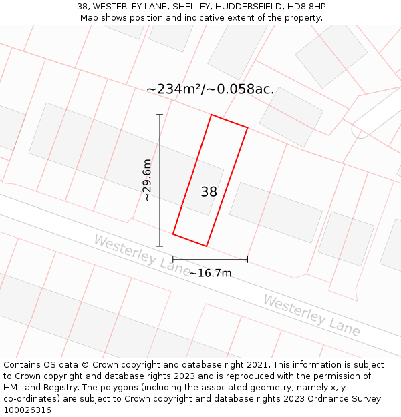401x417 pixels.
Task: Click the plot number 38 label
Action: (x=209, y=192)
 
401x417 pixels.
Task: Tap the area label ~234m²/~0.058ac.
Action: (x=210, y=89)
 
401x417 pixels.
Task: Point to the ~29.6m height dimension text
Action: (x=147, y=180)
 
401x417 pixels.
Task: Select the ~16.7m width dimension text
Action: (x=210, y=273)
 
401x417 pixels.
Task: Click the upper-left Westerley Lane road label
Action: (x=142, y=255)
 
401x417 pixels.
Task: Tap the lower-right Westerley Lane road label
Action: (x=311, y=316)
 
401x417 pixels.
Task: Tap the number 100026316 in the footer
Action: (x=27, y=410)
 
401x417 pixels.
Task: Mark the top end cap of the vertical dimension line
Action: (x=160, y=115)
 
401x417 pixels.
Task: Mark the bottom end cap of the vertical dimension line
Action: (x=160, y=246)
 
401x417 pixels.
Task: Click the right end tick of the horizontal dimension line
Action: (x=247, y=259)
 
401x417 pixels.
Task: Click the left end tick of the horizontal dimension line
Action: (x=173, y=259)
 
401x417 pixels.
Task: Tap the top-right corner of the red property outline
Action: (x=247, y=127)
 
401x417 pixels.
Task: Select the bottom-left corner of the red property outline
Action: (x=173, y=234)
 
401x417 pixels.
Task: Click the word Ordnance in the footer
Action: (x=312, y=399)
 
